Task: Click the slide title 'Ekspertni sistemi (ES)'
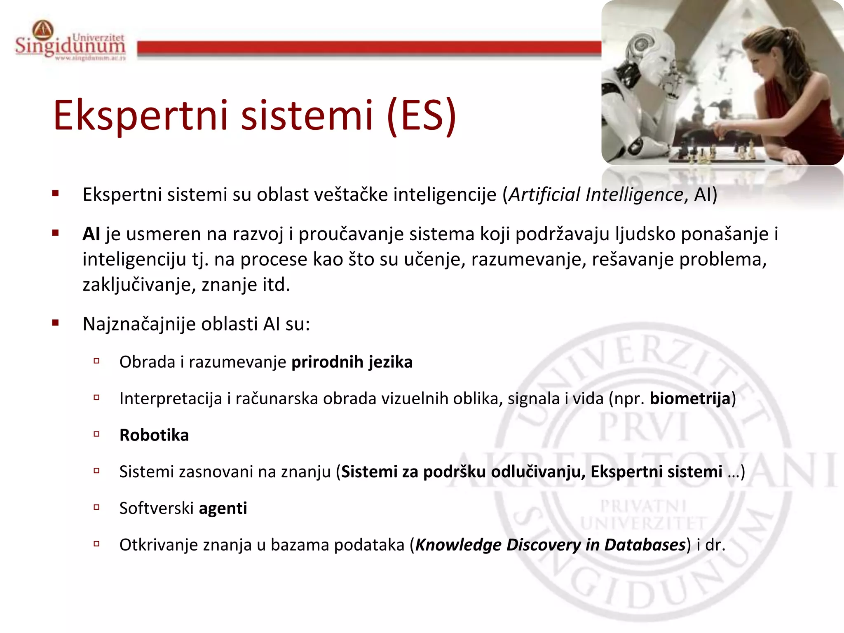(255, 115)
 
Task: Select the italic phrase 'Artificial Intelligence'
(596, 195)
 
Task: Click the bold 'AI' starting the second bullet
(91, 234)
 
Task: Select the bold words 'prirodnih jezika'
(352, 362)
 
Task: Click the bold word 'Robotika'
(154, 435)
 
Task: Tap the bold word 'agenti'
(223, 509)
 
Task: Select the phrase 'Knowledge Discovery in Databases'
(550, 545)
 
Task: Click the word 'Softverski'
(157, 509)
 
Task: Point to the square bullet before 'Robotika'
(97, 434)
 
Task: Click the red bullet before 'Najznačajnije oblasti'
(56, 323)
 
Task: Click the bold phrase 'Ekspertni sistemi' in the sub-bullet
(656, 472)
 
